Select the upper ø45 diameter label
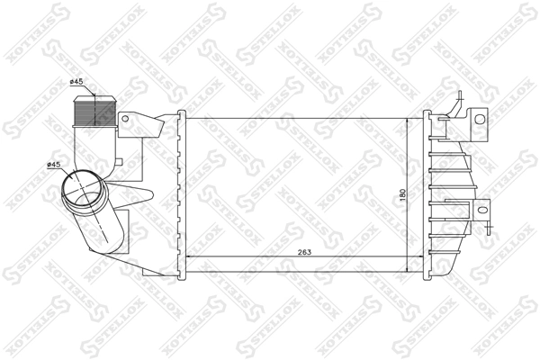pyautogui.click(x=76, y=84)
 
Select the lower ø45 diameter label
pyautogui.click(x=54, y=165)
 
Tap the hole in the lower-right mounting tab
pyautogui.click(x=483, y=211)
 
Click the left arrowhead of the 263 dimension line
pyautogui.click(x=189, y=258)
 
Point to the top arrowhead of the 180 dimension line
pyautogui.click(x=409, y=120)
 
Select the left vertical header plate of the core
pyautogui.click(x=182, y=193)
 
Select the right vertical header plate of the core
pyautogui.click(x=427, y=193)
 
